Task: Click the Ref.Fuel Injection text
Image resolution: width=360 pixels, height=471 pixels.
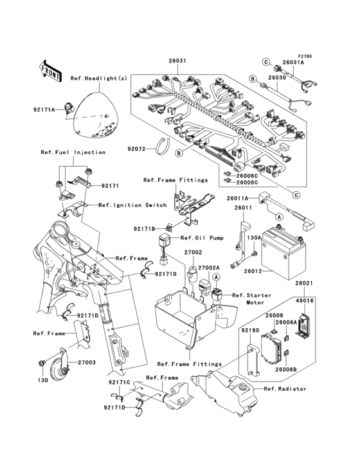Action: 73,152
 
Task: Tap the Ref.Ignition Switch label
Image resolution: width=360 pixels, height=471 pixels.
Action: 132,205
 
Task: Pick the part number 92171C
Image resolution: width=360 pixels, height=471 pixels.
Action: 120,382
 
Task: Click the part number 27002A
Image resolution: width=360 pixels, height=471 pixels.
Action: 208,267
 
